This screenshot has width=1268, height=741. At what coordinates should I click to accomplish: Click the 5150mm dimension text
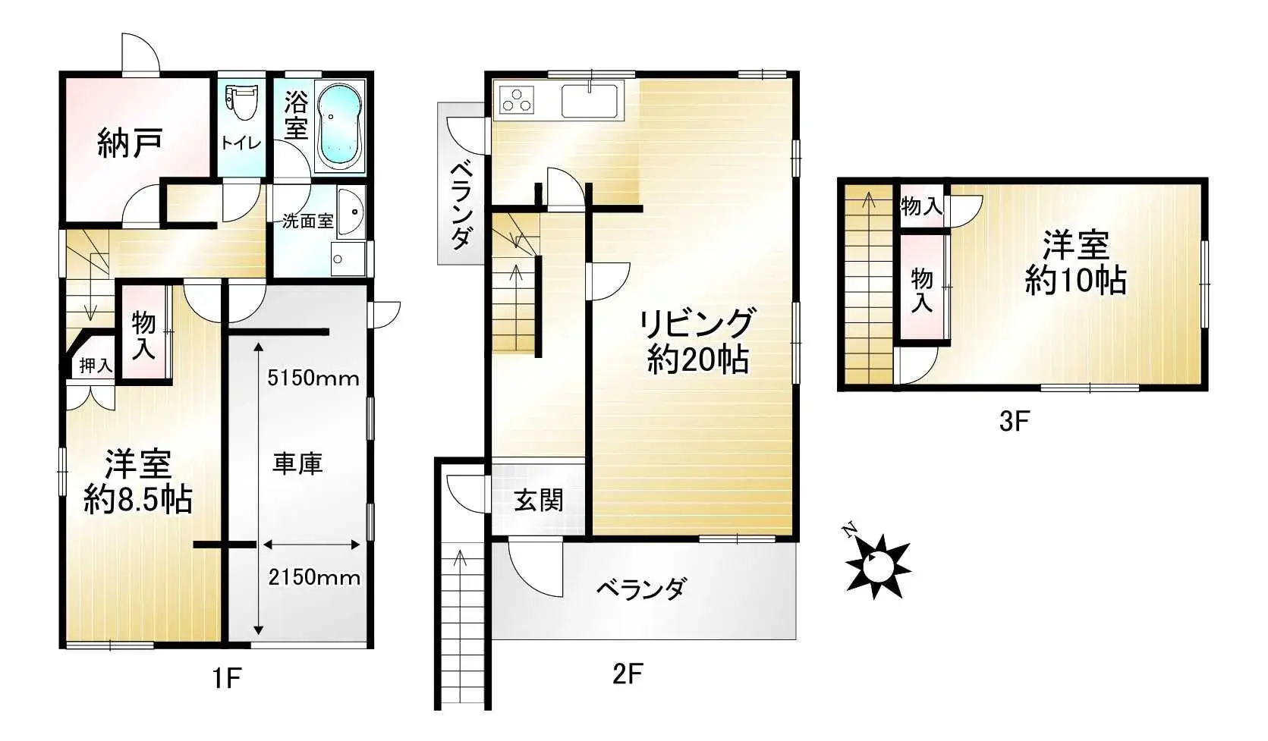[x=313, y=378]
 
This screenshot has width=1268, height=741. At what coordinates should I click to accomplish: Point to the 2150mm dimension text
[x=314, y=577]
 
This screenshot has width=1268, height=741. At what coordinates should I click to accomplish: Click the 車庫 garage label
[x=297, y=463]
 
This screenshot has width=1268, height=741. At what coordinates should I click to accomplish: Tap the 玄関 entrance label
[x=538, y=501]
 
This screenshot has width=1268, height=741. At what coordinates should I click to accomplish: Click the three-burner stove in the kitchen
[x=516, y=101]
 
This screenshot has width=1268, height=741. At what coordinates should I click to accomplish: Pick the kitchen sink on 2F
[x=590, y=100]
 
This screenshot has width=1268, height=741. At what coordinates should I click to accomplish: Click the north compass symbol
[x=876, y=561]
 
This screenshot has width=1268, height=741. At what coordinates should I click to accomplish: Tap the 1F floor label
[x=226, y=677]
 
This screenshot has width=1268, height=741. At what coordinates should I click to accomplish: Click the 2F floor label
[x=627, y=673]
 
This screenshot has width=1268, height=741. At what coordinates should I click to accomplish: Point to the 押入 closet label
[x=96, y=366]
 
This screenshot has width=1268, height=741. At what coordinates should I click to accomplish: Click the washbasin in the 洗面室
[x=350, y=212]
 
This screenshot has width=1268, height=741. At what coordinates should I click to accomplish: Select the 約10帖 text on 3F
[x=1075, y=281]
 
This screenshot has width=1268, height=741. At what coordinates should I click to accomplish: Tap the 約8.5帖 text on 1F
[x=137, y=500]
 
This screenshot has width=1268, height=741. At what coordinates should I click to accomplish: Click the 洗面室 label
[x=307, y=221]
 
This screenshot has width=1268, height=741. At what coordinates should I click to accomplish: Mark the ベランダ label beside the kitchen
[x=461, y=206]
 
